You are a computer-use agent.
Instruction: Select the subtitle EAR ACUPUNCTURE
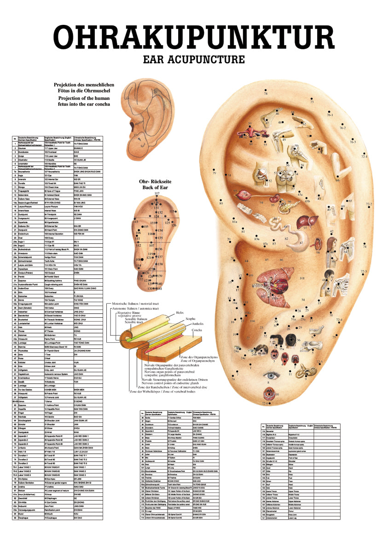click(x=194, y=59)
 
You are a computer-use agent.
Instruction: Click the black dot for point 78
click(x=265, y=90)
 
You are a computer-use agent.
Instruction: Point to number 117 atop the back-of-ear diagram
click(x=156, y=193)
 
